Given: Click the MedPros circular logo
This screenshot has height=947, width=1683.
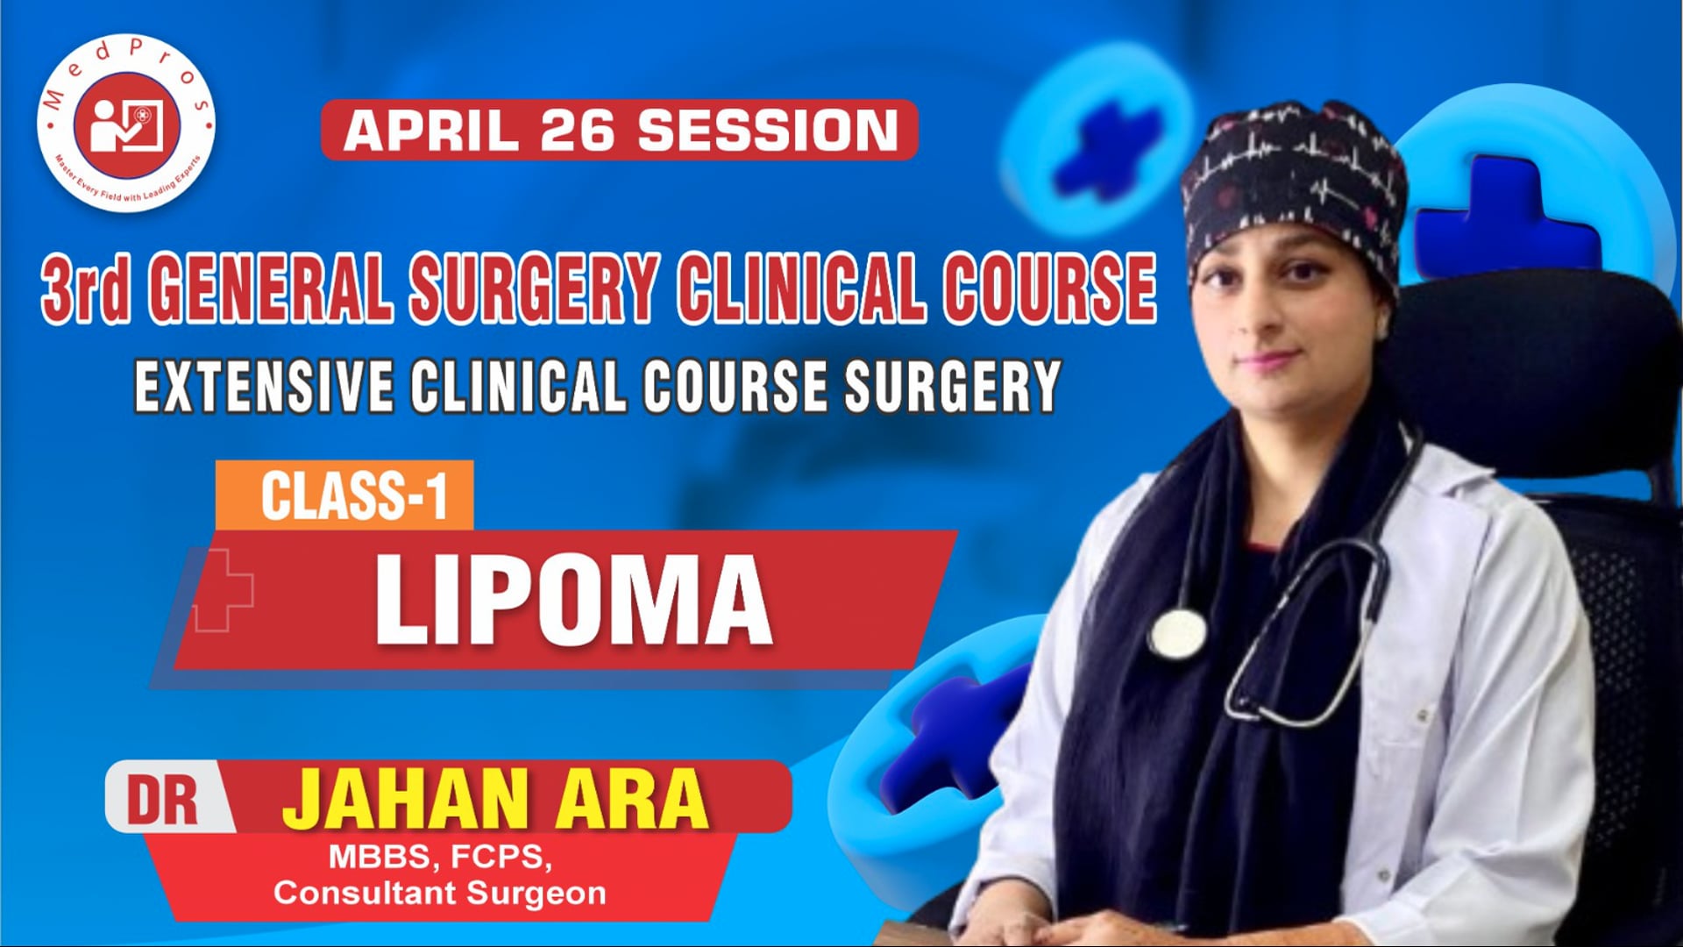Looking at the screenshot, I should click(126, 124).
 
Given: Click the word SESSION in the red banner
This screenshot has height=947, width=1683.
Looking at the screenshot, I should click(768, 131).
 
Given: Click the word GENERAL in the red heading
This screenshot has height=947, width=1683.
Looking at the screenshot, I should click(274, 288).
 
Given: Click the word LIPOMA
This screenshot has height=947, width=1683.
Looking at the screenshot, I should click(573, 602).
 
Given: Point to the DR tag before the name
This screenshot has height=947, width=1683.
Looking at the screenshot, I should click(164, 799).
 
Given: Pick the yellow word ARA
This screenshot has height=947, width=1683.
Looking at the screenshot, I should click(628, 799).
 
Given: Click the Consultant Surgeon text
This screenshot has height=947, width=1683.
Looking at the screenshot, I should click(440, 894).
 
